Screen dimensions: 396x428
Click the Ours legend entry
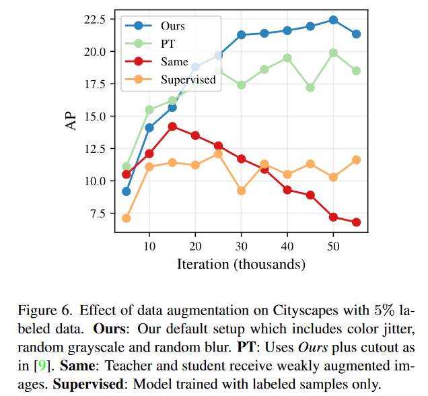pyautogui.click(x=172, y=26)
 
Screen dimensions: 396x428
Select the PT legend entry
pyautogui.click(x=168, y=44)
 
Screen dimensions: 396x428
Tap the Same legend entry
pyautogui.click(x=174, y=62)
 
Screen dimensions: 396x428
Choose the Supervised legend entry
pyautogui.click(x=188, y=79)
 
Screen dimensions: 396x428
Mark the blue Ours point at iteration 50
pyautogui.click(x=332, y=20)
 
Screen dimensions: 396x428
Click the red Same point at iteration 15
pyautogui.click(x=172, y=127)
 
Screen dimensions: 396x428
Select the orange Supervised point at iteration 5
pyautogui.click(x=126, y=218)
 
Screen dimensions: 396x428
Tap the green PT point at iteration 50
pyautogui.click(x=332, y=53)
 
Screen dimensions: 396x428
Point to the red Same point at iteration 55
pyautogui.click(x=356, y=222)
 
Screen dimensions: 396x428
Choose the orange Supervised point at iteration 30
pyautogui.click(x=241, y=191)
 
